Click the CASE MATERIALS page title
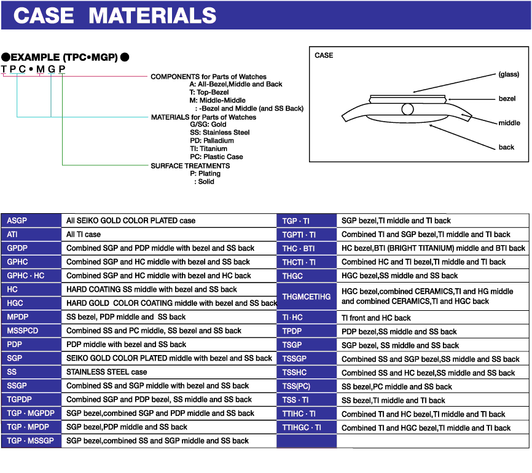point(114,15)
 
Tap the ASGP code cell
point(31,221)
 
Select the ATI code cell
point(31,234)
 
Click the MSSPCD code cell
point(31,330)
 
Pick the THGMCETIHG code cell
point(307,297)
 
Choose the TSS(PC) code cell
point(307,386)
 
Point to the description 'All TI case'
point(84,234)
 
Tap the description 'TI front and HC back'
point(376,318)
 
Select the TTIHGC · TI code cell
point(307,428)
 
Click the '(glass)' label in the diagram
point(509,74)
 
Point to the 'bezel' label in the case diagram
point(507,98)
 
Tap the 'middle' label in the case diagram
point(509,123)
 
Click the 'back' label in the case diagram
point(506,147)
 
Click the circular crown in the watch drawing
point(407,109)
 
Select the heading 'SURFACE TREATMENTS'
point(190,166)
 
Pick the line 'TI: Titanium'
point(209,149)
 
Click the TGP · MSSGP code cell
point(31,440)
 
